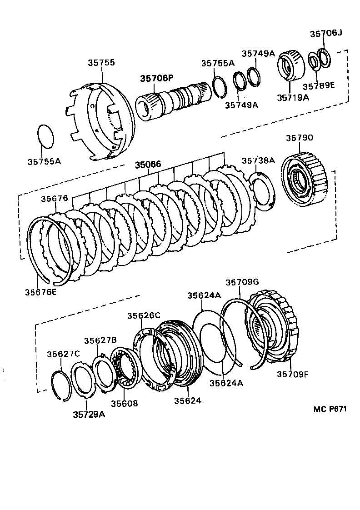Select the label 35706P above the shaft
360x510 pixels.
156,79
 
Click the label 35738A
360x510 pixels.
258,160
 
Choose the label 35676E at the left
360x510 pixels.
41,291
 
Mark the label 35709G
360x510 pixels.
242,282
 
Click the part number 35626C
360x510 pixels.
144,315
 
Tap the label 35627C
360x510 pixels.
63,354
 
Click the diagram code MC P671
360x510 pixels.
330,409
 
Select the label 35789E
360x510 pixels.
319,85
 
